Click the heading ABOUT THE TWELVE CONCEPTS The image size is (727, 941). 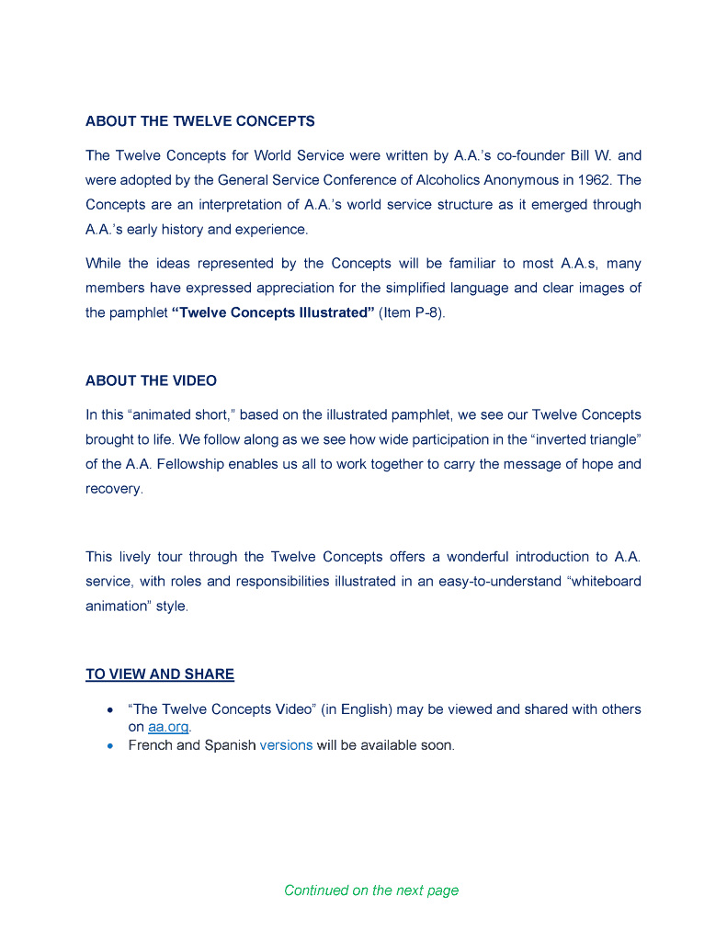point(200,121)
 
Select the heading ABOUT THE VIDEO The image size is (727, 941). point(151,380)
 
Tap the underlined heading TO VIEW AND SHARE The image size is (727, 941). point(160,675)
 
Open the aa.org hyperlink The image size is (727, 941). point(168,727)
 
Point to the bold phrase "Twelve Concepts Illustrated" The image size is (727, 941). point(273,312)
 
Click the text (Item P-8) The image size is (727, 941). point(412,312)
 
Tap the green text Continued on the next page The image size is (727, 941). point(371,890)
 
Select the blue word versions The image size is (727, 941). point(286,745)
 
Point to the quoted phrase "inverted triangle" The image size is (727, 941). point(585,439)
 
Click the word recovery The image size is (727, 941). point(115,489)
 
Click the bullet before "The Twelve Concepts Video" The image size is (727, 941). point(110,710)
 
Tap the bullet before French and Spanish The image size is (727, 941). point(110,746)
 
